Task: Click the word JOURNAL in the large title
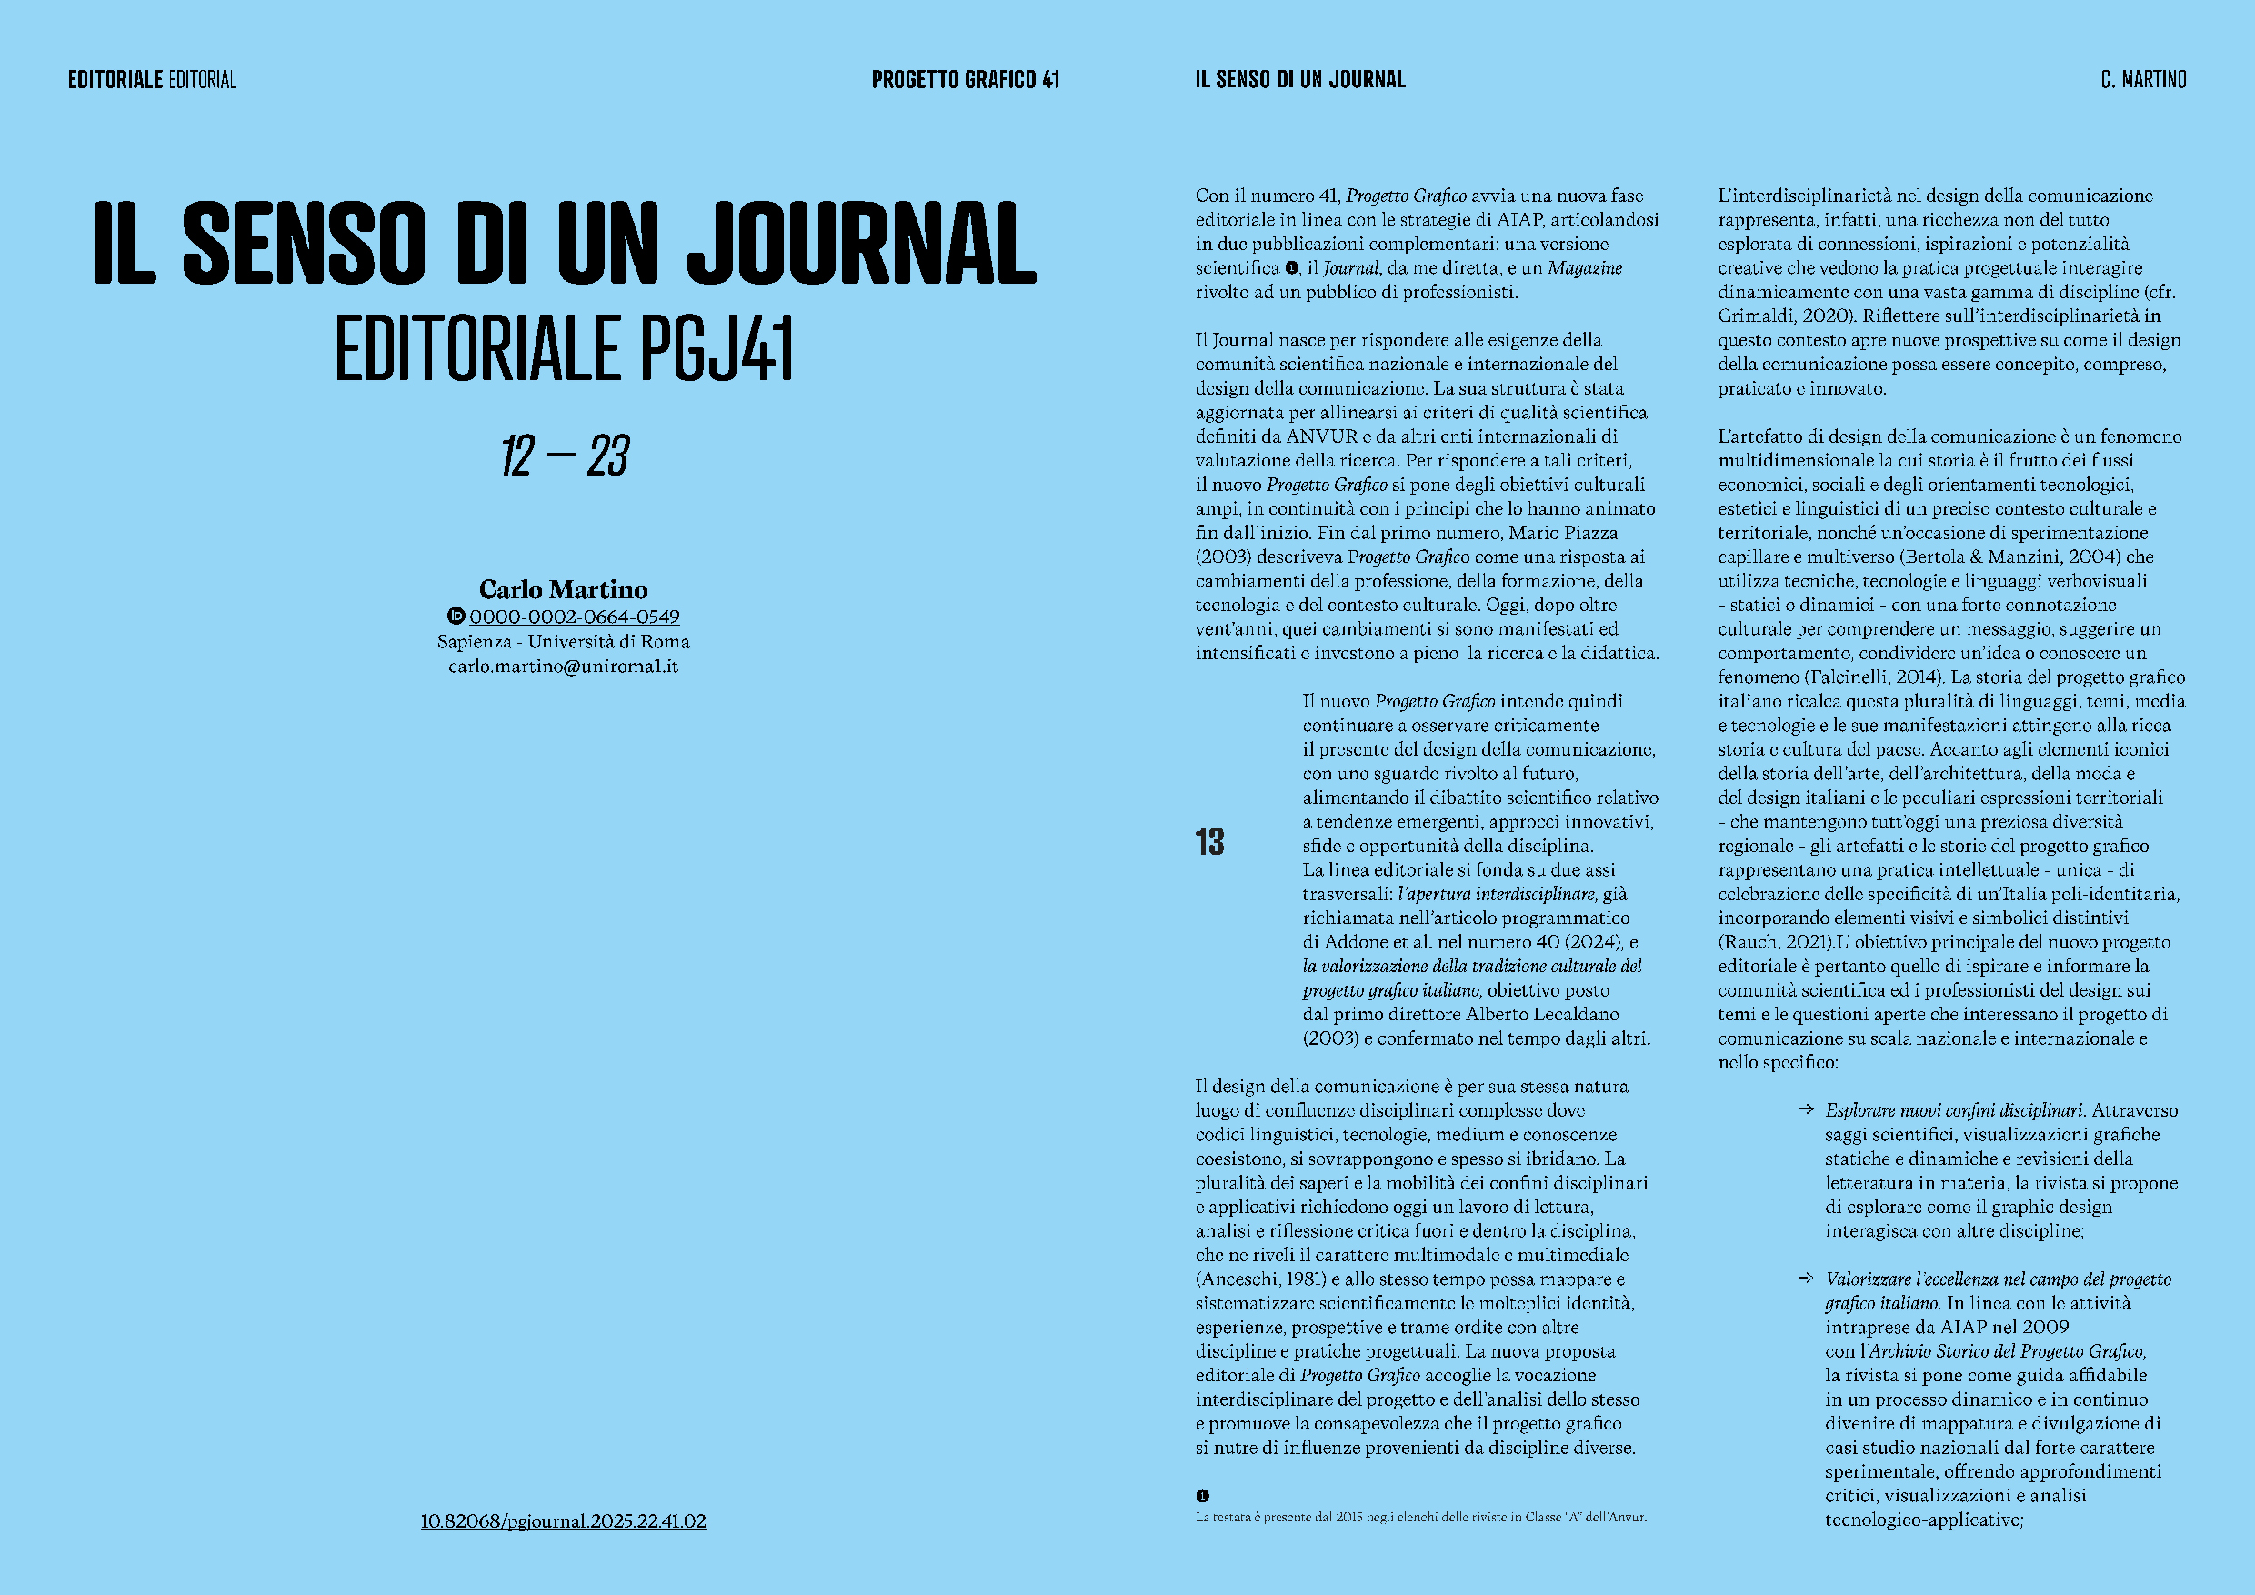pos(861,242)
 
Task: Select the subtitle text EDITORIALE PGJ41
pos(564,347)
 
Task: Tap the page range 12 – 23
pos(565,456)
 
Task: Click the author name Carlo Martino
pos(563,589)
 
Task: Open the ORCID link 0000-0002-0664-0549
pos(575,617)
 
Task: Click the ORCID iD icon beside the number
pos(456,616)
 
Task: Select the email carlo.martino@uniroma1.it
pos(563,666)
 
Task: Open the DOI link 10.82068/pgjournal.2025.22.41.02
pos(563,1521)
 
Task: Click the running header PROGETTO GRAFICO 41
pos(966,79)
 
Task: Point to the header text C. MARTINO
pos(2143,79)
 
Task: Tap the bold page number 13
pos(1210,842)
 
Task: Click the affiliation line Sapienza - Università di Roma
pos(563,641)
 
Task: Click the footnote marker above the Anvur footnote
pos(1202,1496)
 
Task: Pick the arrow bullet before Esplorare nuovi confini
pos(1805,1109)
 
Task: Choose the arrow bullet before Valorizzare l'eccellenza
pos(1805,1278)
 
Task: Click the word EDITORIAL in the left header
pos(203,79)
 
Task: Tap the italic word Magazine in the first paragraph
pos(1585,268)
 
